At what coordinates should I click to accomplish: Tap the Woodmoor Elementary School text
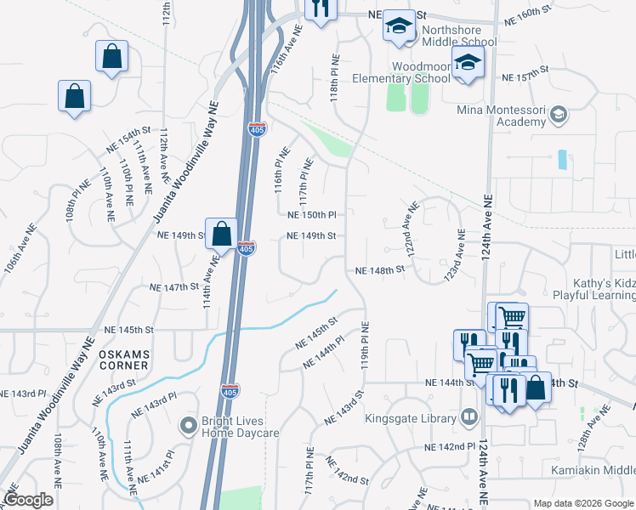pos(421,72)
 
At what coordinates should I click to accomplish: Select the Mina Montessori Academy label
pos(501,116)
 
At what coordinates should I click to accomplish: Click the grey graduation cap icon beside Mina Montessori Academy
pos(559,114)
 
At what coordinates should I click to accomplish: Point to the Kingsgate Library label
pos(411,417)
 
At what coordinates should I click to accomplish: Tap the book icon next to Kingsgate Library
pos(468,416)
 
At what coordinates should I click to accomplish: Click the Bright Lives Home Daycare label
pos(240,427)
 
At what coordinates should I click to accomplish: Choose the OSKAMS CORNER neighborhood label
pos(123,359)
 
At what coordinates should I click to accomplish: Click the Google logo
pos(29,500)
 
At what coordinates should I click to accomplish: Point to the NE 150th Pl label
pos(312,215)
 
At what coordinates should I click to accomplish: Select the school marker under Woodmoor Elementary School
pos(467,64)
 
